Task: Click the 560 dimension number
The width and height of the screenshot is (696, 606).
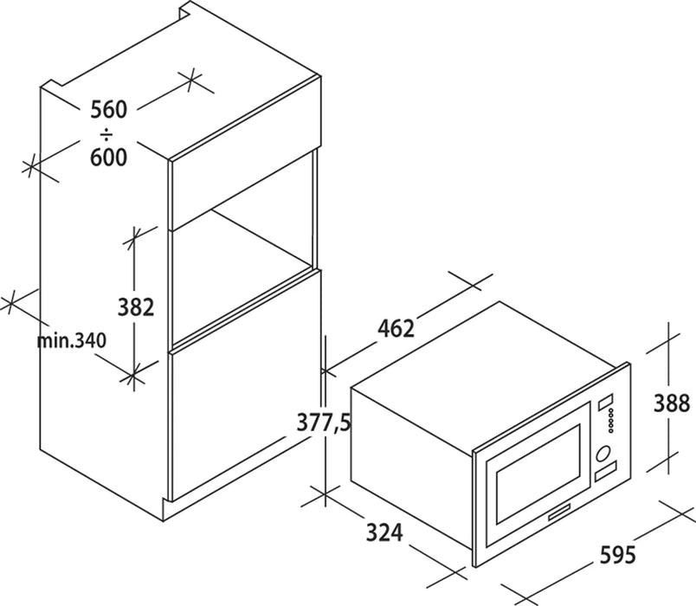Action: [109, 110]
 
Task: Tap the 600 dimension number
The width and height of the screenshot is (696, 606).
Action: [109, 158]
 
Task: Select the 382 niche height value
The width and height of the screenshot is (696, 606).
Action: [136, 306]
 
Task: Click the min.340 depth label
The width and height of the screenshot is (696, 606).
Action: [72, 340]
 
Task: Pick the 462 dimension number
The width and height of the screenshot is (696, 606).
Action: [396, 328]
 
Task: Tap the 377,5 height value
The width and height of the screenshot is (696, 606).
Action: [324, 422]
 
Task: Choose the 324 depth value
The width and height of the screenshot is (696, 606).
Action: [384, 532]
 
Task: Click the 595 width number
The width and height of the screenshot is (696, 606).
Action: [617, 555]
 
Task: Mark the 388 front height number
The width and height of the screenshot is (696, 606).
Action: [672, 403]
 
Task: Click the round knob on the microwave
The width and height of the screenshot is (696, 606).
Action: [603, 454]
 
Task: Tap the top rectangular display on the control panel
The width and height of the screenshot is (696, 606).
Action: [606, 403]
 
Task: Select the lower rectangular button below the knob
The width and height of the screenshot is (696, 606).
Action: [606, 472]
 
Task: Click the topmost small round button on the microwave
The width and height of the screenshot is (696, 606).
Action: [611, 410]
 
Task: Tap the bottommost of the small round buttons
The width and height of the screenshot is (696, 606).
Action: [611, 430]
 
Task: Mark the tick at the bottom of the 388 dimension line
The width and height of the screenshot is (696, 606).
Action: [668, 462]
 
